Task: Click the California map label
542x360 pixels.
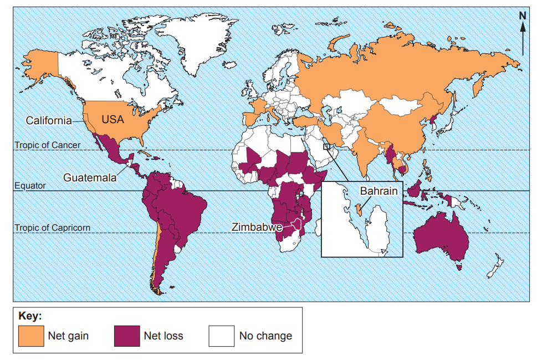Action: pos(49,120)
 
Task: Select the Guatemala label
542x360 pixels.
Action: pos(90,178)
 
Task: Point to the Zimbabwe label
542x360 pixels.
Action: pos(257,227)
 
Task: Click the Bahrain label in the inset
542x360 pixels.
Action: pos(379,191)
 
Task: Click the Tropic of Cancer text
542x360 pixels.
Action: pos(47,145)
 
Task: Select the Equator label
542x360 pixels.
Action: pos(30,186)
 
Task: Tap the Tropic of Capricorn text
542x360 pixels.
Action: pos(52,227)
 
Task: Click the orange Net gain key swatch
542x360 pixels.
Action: pos(30,336)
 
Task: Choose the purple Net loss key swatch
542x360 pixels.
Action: pos(126,336)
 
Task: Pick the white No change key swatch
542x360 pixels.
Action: pos(221,336)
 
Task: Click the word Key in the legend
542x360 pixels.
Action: pos(30,316)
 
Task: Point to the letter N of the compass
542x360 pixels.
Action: pos(522,16)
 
